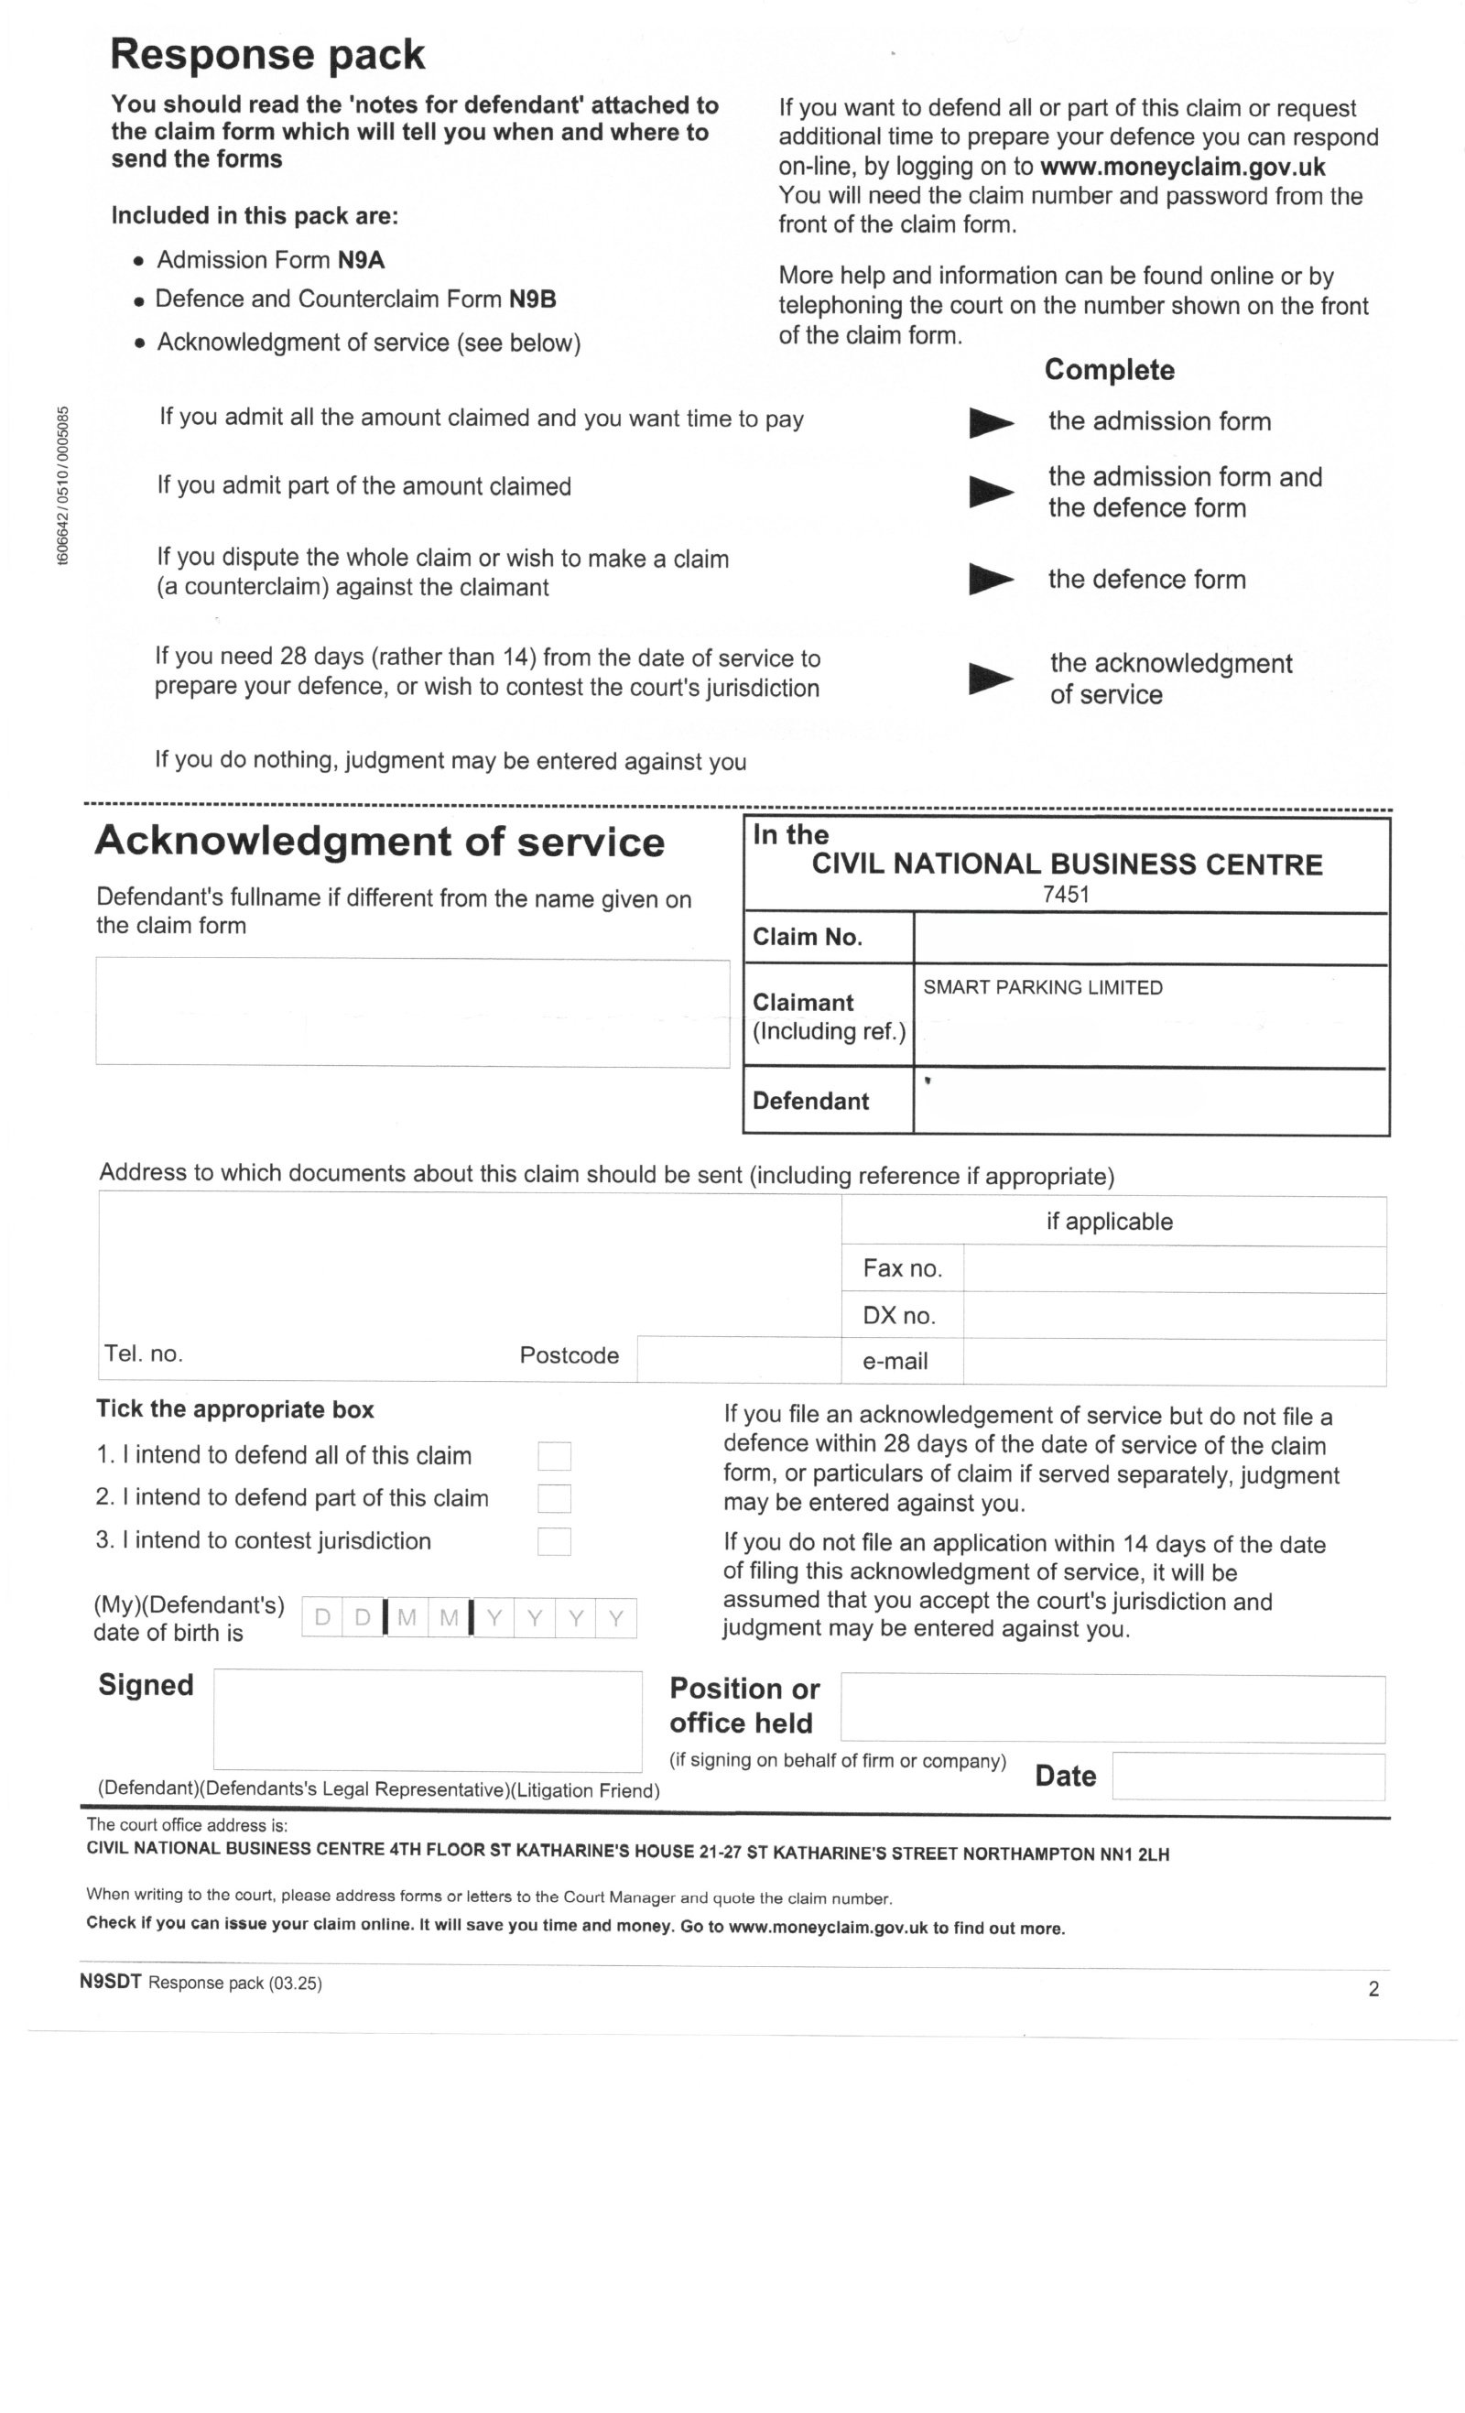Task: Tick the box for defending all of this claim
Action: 553,1455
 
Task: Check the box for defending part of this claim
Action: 553,1498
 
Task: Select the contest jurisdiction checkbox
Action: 553,1541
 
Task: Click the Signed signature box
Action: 427,1720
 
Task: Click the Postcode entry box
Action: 738,1358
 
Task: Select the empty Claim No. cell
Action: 1150,938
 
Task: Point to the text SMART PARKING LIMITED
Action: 1042,987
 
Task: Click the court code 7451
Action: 1066,894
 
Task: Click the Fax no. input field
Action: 1173,1269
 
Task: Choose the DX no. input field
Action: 1173,1315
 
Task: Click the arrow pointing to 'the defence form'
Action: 990,579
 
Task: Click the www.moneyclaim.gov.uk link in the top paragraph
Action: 1182,167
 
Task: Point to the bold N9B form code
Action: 532,299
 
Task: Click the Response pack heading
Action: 267,54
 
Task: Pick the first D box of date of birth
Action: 322,1618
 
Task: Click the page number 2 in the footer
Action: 1373,1989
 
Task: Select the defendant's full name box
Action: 412,1012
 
